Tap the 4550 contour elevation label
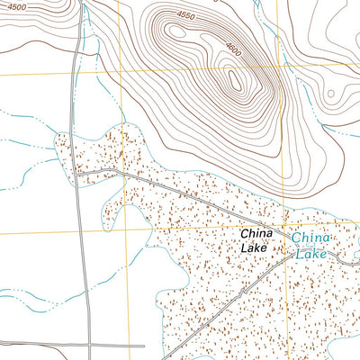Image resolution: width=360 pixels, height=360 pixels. [185, 14]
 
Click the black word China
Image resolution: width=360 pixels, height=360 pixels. [256, 233]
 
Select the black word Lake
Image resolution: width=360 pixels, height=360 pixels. [254, 247]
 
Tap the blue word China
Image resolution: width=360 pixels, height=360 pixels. [310, 237]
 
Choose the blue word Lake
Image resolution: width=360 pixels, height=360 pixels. [311, 254]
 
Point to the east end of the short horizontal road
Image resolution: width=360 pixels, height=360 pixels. [144, 345]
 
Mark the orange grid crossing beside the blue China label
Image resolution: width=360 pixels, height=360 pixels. [285, 228]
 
